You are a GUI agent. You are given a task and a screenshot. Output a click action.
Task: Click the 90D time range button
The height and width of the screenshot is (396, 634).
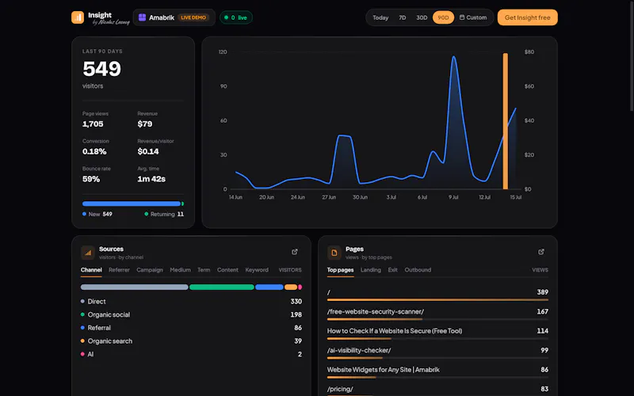[443, 17]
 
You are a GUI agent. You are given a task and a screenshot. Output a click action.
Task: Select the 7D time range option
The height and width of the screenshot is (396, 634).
[403, 17]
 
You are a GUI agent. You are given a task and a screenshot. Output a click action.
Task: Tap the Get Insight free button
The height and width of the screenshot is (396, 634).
[527, 17]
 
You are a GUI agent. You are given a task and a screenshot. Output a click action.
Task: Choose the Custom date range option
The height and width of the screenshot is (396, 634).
[473, 17]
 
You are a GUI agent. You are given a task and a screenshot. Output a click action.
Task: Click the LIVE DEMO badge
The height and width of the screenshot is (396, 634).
[193, 17]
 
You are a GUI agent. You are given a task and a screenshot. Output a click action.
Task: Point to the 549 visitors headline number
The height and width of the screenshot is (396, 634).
[102, 69]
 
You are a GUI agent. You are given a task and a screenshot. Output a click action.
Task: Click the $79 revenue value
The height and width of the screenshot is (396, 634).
[145, 124]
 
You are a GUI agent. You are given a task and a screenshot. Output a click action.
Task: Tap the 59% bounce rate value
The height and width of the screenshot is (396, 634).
[91, 179]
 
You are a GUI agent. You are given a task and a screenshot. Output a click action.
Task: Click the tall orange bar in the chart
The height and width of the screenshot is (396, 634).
[506, 121]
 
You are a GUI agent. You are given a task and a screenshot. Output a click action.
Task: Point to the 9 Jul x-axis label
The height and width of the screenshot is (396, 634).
[453, 197]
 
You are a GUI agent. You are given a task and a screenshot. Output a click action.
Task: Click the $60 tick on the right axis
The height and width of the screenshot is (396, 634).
[529, 86]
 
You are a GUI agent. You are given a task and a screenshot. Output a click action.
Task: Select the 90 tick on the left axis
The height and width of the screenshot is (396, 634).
[223, 86]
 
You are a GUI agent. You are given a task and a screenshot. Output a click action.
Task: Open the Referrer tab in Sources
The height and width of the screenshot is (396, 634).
[119, 270]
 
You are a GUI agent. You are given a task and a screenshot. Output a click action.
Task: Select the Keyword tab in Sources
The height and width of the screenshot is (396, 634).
[257, 270]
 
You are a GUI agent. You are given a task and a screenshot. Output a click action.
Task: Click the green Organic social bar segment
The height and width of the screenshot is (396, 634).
[222, 287]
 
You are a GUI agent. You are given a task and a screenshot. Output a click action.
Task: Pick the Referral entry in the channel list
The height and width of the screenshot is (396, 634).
[99, 328]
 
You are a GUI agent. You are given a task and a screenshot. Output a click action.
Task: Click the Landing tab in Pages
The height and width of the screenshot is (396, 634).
[371, 270]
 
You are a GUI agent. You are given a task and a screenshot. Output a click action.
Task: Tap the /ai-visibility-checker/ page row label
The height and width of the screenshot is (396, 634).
[359, 350]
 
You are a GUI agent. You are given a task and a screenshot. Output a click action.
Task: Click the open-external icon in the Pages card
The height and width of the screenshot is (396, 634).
[541, 252]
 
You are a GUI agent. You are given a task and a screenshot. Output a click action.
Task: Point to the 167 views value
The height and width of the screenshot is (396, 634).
[543, 311]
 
